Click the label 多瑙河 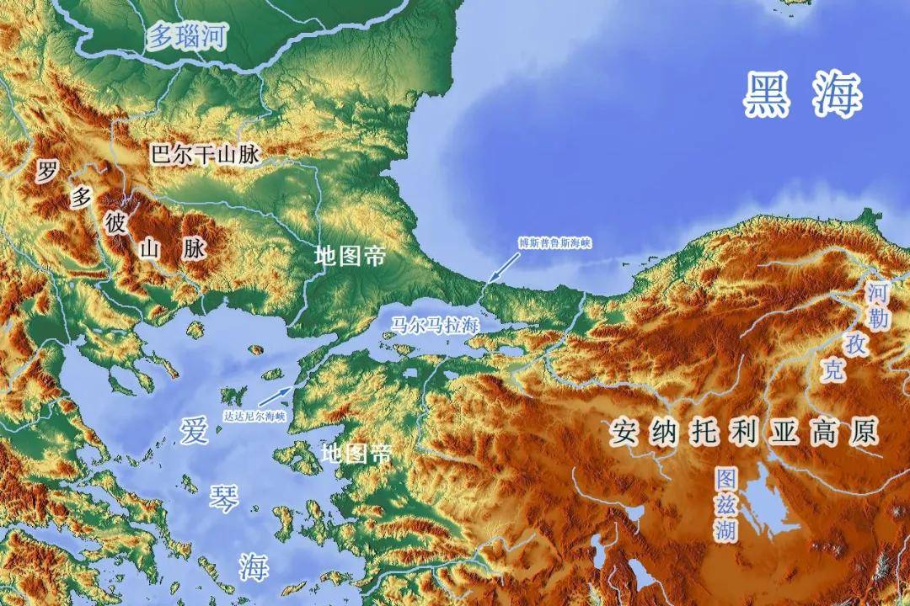(x=188, y=38)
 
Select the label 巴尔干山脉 (x=206, y=156)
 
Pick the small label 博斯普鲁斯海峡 (x=555, y=243)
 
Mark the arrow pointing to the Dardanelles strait (x=279, y=396)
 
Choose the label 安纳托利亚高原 (x=745, y=433)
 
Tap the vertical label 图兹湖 (x=726, y=504)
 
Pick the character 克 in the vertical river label (x=834, y=371)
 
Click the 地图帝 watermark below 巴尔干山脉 (x=351, y=256)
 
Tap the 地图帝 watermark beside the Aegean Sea (x=357, y=454)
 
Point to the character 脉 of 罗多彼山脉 (x=194, y=249)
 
